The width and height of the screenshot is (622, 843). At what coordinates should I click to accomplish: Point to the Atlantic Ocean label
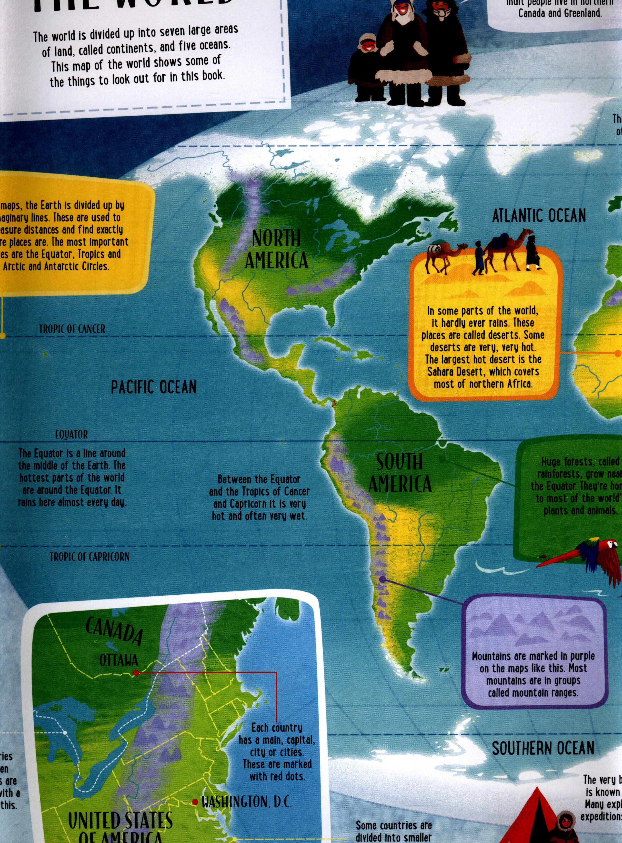[539, 216]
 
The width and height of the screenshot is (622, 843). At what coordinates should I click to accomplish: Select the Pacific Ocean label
[154, 387]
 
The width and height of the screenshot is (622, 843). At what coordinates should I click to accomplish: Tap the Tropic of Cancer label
[72, 329]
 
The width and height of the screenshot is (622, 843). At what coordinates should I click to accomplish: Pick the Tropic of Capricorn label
[90, 557]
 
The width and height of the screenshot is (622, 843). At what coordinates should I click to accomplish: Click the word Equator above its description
[71, 435]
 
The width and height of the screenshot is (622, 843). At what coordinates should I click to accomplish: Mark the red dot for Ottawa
[136, 672]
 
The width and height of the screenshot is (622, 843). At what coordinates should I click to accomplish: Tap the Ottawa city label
[118, 660]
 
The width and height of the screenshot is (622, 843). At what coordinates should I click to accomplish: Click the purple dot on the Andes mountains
[382, 580]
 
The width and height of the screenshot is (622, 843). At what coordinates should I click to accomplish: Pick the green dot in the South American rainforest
[442, 459]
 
